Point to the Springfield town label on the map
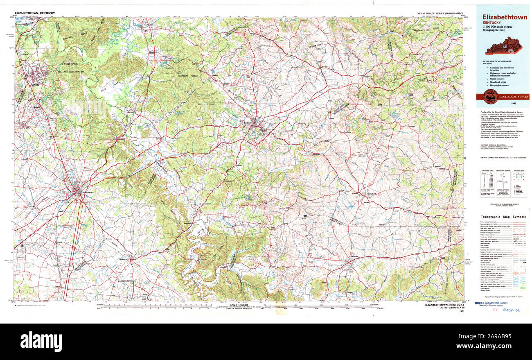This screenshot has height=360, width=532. [x=369, y=194]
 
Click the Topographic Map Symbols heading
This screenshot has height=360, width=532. [x=503, y=217]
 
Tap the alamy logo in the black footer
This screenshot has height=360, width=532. [x=41, y=341]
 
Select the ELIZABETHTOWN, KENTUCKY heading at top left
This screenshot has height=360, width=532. [x=34, y=13]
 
